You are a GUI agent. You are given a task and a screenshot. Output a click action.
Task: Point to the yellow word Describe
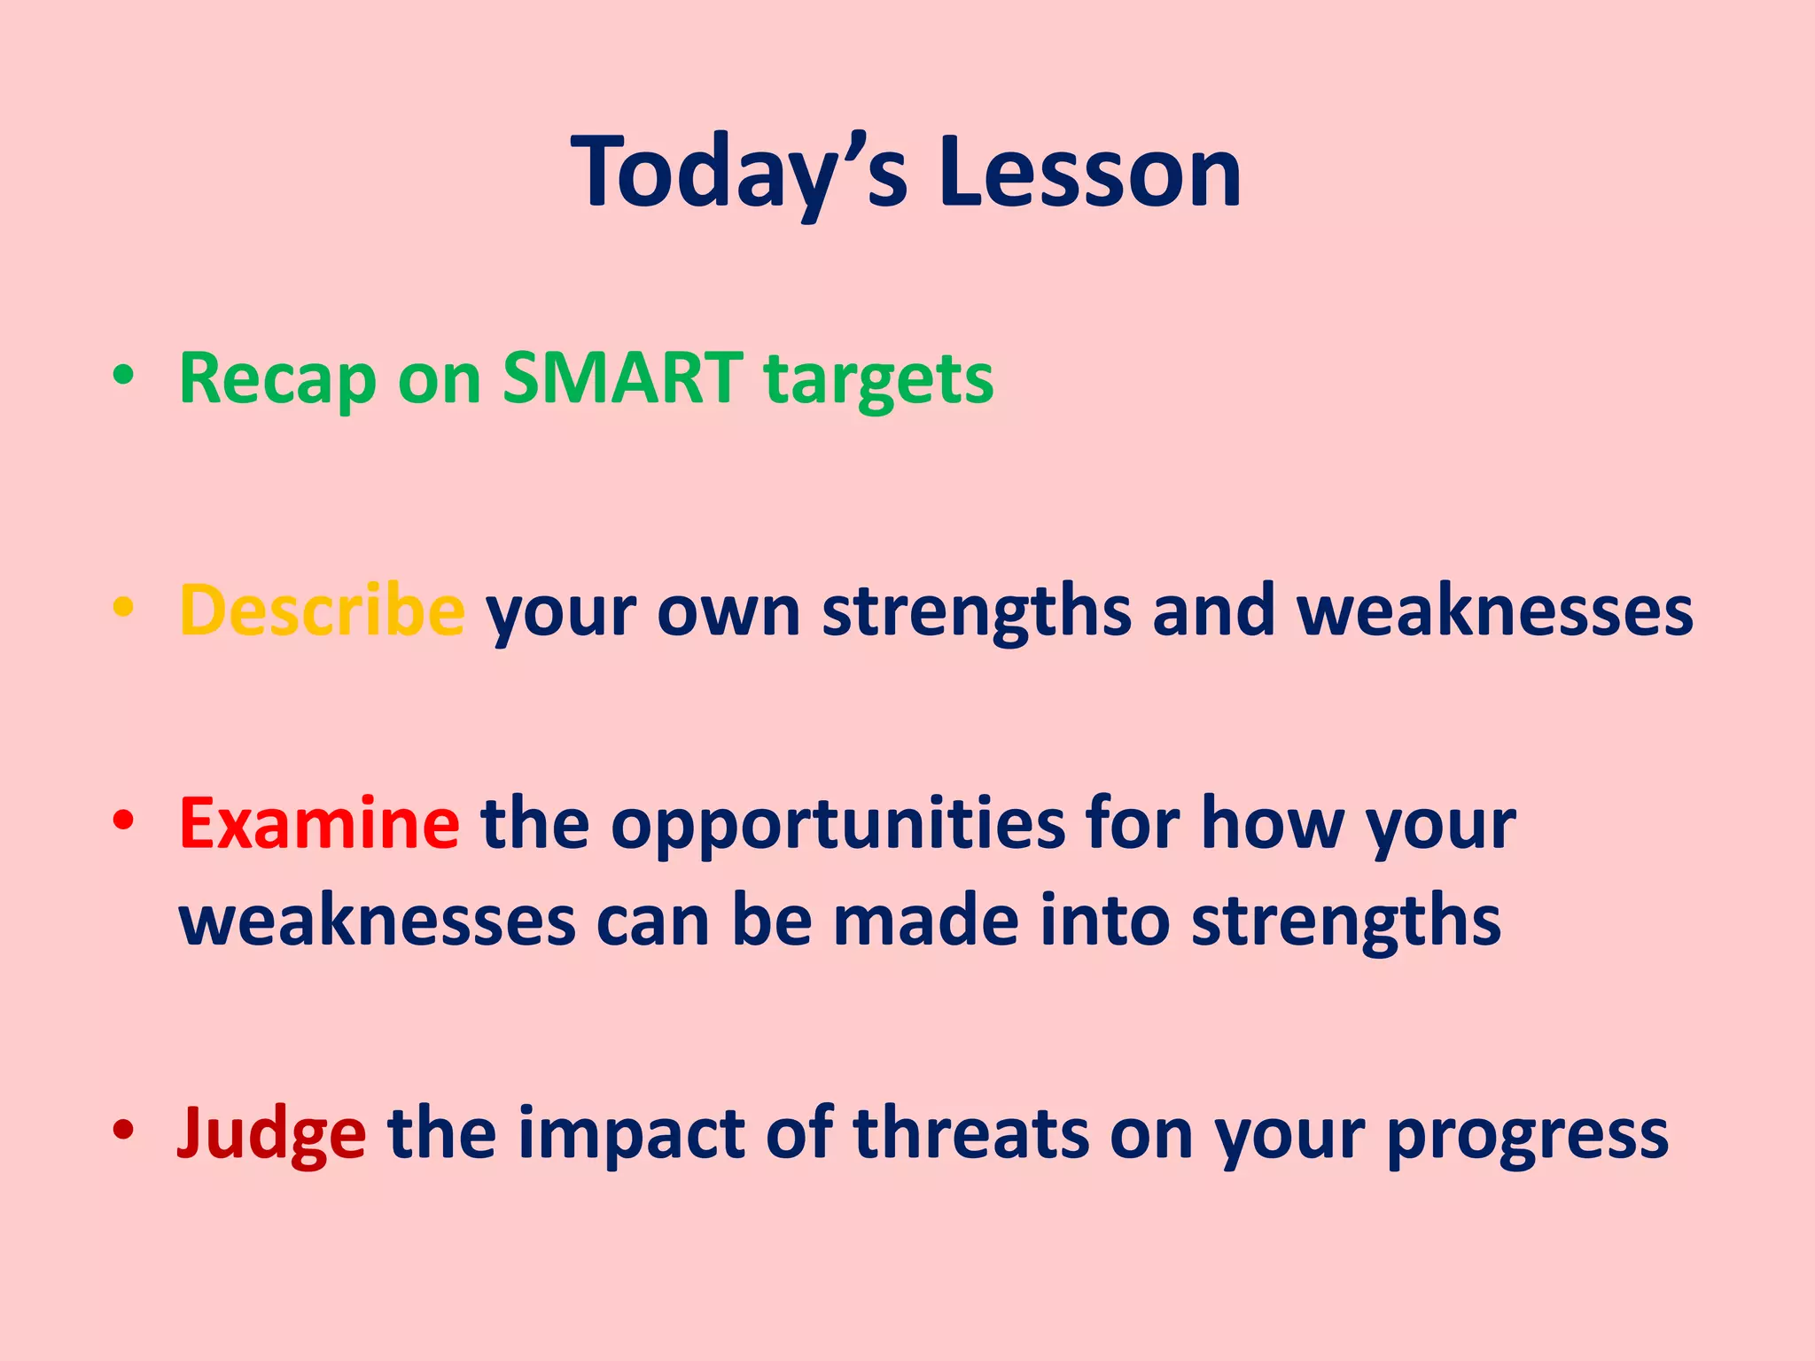[322, 611]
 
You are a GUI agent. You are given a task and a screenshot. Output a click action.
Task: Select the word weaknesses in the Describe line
[1495, 611]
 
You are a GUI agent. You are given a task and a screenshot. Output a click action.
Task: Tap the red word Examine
[319, 824]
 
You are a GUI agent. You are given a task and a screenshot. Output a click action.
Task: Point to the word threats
[970, 1134]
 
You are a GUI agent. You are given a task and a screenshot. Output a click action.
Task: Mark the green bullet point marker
[123, 376]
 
